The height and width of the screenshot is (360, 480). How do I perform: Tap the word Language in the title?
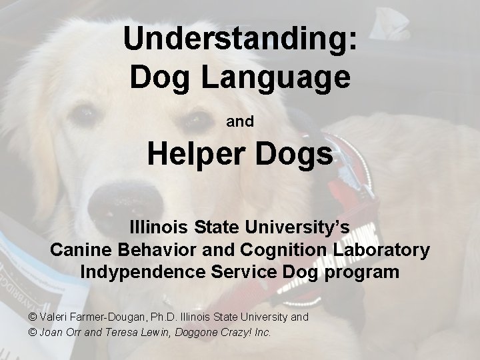pos(277,77)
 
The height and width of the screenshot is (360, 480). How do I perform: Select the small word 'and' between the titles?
pos(240,122)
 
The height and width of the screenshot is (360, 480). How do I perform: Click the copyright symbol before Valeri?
pos(34,317)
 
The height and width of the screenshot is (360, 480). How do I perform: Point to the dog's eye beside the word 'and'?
pos(195,121)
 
